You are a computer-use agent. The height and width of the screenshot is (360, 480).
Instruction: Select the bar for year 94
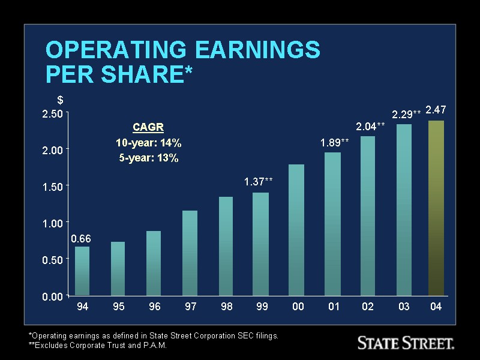click(x=82, y=271)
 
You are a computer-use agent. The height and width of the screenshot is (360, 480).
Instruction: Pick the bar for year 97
click(x=190, y=253)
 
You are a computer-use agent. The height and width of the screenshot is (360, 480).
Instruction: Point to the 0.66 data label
click(x=81, y=239)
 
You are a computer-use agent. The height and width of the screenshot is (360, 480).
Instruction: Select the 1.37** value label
click(x=259, y=182)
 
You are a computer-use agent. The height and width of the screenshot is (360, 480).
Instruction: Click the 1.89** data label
click(x=334, y=142)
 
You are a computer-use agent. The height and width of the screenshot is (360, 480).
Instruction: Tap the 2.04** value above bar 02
click(x=370, y=127)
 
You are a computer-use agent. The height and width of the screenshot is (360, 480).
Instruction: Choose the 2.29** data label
click(x=406, y=114)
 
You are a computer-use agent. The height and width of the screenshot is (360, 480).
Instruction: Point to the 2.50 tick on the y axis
click(x=52, y=114)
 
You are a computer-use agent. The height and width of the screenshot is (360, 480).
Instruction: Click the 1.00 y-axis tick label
click(x=52, y=223)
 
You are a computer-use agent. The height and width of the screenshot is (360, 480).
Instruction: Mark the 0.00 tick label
click(x=52, y=296)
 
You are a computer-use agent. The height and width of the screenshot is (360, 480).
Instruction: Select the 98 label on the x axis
click(x=226, y=307)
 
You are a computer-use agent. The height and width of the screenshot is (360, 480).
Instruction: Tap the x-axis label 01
click(x=334, y=307)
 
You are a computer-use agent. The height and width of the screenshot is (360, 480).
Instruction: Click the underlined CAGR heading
click(x=148, y=127)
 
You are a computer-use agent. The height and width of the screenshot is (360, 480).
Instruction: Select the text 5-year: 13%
click(x=148, y=158)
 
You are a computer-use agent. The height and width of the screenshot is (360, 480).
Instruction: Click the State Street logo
click(x=406, y=343)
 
